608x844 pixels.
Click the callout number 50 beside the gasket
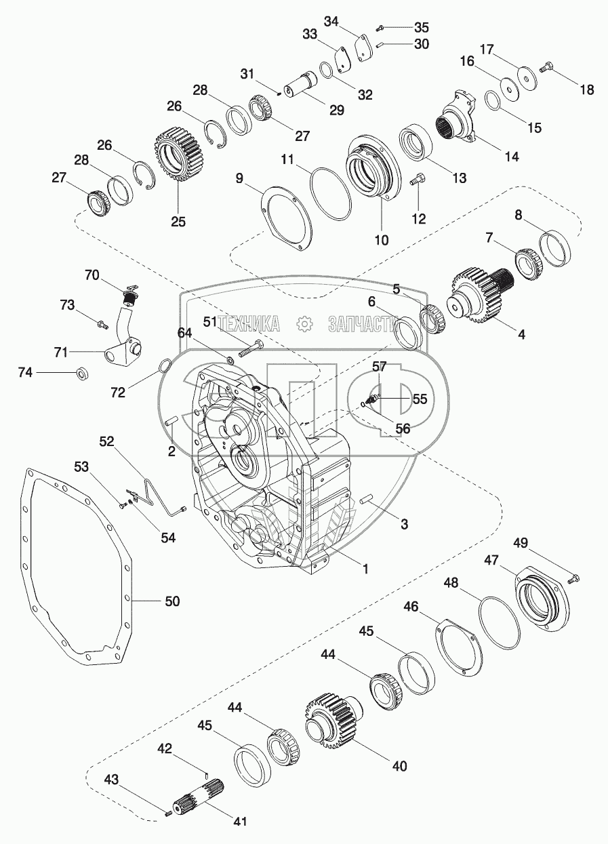(172, 601)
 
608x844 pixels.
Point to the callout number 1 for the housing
(365, 569)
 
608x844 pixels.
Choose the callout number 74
(25, 371)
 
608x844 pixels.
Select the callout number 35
(422, 28)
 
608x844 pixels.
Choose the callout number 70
(92, 275)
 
